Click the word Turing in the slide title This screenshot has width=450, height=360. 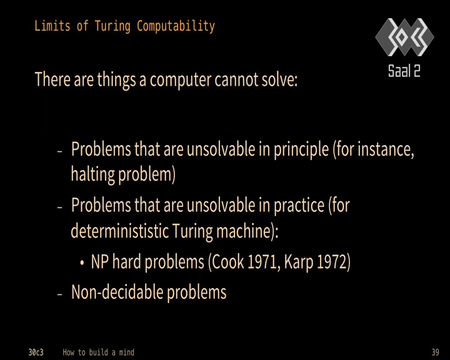tap(112, 26)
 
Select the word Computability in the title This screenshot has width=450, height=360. tap(176, 26)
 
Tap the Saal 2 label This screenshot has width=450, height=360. tap(404, 71)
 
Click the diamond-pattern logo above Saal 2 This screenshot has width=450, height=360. tap(404, 37)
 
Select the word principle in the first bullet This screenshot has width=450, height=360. tap(301, 150)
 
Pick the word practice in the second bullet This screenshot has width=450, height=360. tap(299, 206)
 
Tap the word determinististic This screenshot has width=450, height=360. tap(119, 231)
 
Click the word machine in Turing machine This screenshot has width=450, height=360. tap(244, 231)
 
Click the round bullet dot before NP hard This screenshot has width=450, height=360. tap(82, 262)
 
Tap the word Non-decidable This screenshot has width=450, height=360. tap(117, 292)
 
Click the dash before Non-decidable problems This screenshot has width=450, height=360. tap(60, 294)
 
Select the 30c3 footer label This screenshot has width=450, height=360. tap(36, 352)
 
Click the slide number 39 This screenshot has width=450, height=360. tap(435, 352)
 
